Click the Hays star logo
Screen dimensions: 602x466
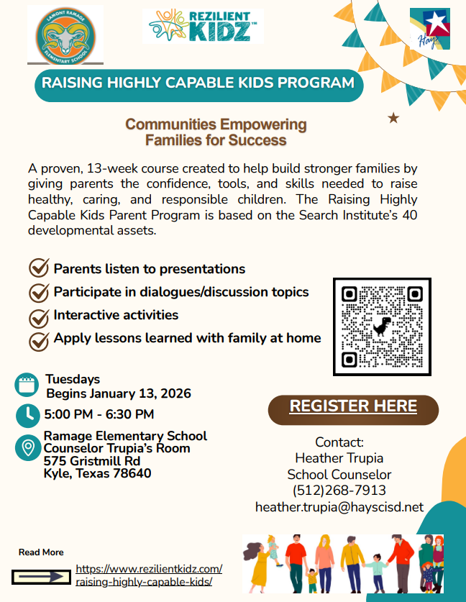[x=429, y=29]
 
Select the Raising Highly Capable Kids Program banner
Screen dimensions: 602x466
[x=198, y=83]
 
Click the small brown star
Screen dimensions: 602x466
[x=393, y=118]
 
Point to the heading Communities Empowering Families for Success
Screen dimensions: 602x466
[x=216, y=132]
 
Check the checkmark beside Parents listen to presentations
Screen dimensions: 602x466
[x=39, y=269]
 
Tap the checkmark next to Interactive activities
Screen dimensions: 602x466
[x=39, y=316]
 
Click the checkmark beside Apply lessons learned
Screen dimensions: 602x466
[x=39, y=339]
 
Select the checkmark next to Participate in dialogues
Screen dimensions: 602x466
[x=39, y=293]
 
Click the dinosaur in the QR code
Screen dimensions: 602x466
[x=382, y=327]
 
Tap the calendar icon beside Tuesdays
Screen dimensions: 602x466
[x=27, y=386]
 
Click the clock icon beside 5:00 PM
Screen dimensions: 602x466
[x=27, y=416]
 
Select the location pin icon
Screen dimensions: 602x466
[x=27, y=447]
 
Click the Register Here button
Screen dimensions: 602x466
[x=353, y=407]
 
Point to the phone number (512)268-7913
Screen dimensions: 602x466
[x=339, y=491]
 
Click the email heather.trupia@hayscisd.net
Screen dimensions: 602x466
[x=339, y=507]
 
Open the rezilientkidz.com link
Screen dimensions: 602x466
[x=149, y=575]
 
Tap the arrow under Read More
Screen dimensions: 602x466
[x=41, y=576]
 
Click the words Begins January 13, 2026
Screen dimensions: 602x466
[x=119, y=393]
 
